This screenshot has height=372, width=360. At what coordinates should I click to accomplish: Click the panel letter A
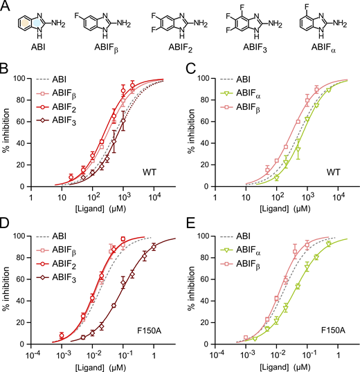coord(7,7)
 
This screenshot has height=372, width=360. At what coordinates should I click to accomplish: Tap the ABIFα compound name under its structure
coord(321,50)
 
